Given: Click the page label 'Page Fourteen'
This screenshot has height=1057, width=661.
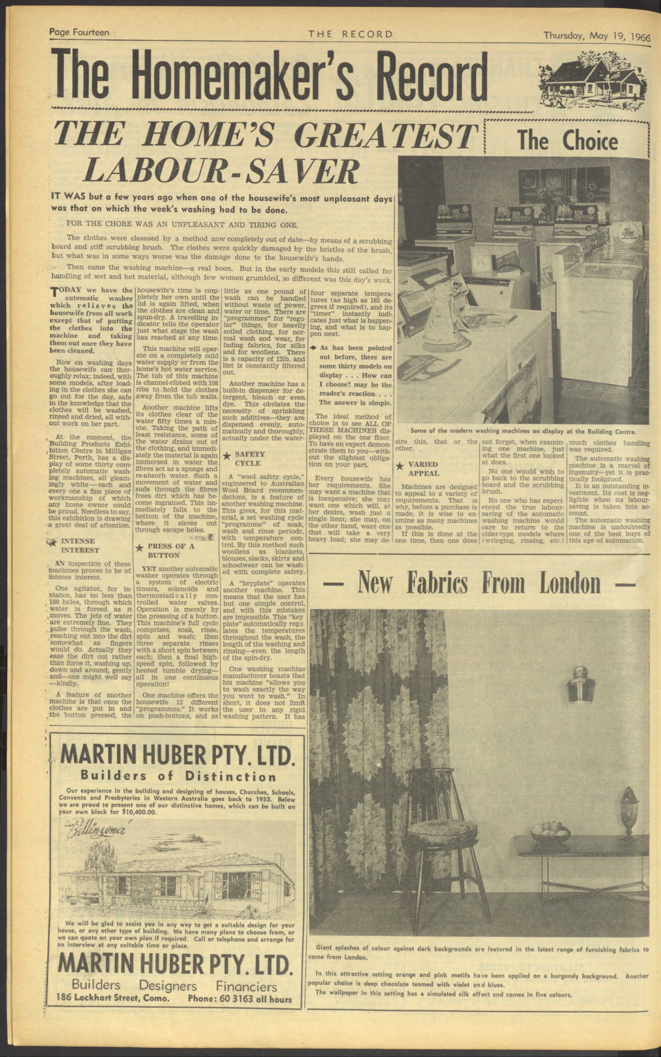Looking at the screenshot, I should pos(79,32).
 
